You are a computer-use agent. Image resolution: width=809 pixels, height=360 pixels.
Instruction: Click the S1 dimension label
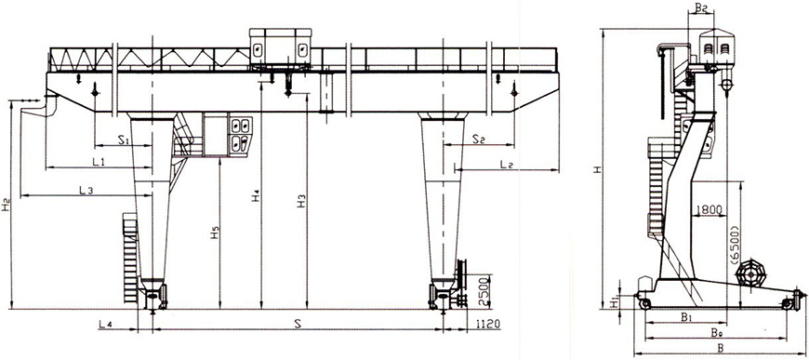coord(125,139)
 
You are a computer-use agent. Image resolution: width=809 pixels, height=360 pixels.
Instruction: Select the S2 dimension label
coord(480,139)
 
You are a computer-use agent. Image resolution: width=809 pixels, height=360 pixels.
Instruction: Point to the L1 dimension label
coord(99,162)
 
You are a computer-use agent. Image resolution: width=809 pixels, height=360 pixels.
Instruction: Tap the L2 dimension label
coord(507,165)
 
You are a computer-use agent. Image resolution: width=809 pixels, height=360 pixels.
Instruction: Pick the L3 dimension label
coord(86,191)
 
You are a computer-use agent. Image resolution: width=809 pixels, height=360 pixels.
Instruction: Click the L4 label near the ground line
coord(106,325)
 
